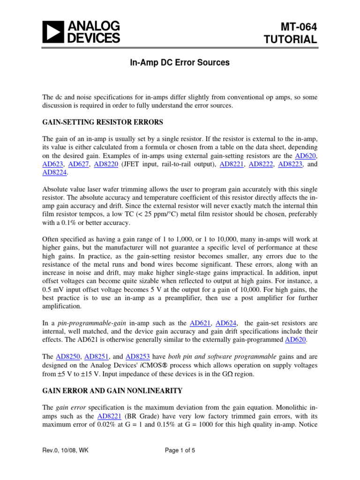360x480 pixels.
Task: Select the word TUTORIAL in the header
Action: coord(291,40)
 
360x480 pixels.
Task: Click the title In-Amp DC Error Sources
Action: coord(180,62)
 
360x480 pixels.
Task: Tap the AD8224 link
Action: coord(54,173)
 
